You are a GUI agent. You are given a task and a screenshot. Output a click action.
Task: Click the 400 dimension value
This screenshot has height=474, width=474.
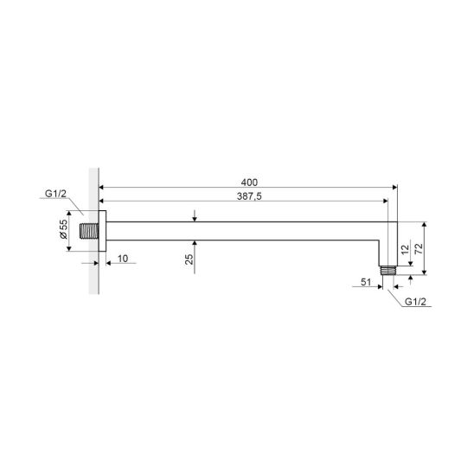pos(249,183)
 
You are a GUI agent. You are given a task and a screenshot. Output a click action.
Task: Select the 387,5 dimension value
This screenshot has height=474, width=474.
pos(249,196)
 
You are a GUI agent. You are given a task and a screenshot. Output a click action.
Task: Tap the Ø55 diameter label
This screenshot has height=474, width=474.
pos(63,229)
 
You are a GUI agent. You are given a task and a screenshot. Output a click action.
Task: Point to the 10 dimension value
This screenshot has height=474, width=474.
pos(123,259)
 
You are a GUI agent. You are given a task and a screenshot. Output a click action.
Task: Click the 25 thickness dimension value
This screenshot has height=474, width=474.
pos(189,259)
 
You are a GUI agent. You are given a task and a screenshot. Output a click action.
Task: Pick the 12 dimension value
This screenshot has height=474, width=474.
pos(405,250)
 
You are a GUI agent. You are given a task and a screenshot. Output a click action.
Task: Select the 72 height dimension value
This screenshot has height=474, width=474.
pos(419,248)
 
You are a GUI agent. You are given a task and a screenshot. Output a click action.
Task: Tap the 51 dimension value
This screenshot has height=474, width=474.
pos(366,282)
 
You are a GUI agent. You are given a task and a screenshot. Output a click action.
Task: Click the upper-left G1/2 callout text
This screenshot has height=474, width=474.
pos(55,194)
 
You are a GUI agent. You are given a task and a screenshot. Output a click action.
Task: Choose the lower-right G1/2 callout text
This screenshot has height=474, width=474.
pos(415,302)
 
